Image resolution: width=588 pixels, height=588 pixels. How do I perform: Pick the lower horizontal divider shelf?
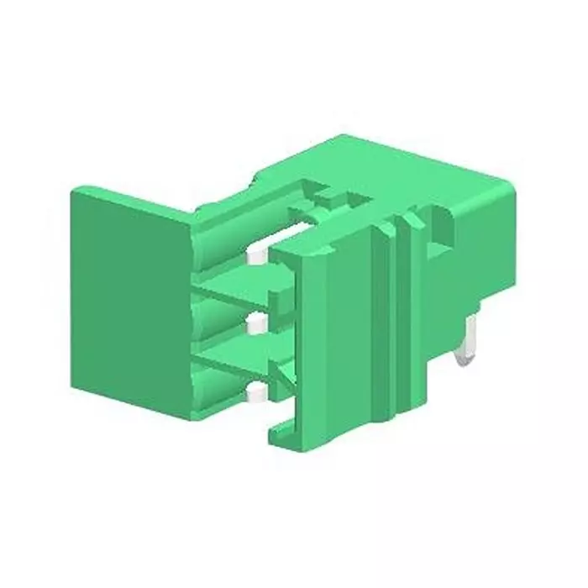click(239, 357)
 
